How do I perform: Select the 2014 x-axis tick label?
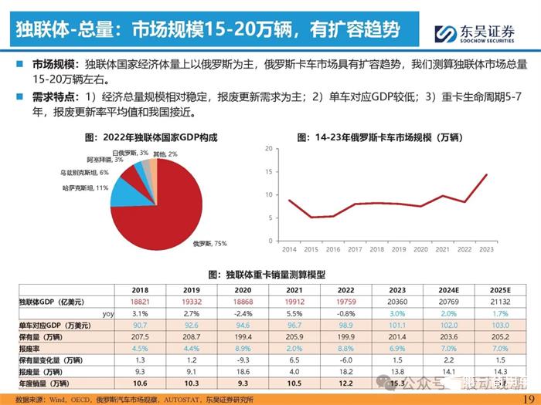[x=289, y=250]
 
